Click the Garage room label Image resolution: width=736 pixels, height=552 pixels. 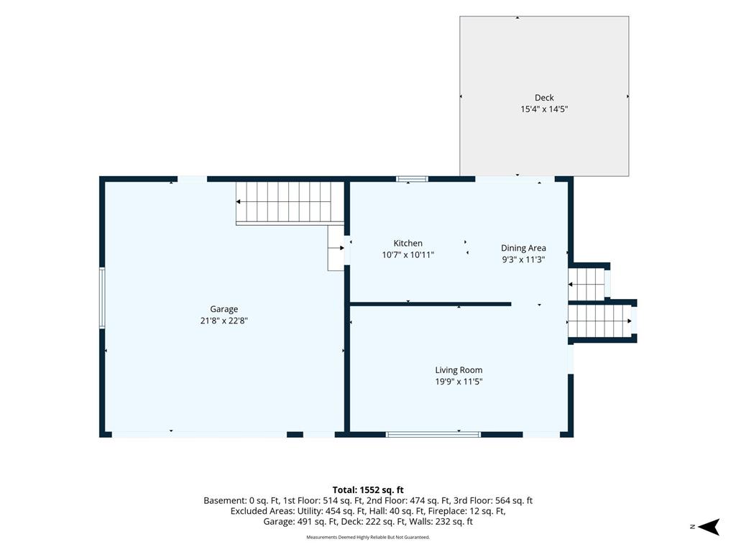224,309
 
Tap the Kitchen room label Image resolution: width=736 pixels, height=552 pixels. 408,243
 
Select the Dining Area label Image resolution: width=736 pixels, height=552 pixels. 523,248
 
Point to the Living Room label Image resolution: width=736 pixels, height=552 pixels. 459,370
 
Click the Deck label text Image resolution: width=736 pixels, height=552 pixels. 545,98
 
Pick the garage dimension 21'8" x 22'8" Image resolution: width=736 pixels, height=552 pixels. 224,321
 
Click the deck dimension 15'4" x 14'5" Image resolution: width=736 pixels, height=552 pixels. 545,109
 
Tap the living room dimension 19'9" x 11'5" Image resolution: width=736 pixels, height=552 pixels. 459,382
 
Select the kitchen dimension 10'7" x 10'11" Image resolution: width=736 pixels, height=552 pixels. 408,255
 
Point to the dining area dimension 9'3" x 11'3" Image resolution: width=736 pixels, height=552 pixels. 523,259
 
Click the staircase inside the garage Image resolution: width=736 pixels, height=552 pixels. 290,202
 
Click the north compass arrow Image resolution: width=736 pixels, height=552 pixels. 709,527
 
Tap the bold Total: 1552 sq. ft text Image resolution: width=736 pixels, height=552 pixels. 368,490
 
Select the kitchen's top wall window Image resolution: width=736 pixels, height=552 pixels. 412,179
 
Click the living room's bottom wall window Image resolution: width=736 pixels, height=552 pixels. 433,435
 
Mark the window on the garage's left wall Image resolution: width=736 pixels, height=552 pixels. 102,298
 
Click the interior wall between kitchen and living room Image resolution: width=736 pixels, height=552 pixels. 431,304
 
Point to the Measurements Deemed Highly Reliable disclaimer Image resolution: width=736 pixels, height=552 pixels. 368,538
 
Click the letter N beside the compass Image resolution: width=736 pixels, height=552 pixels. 692,527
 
